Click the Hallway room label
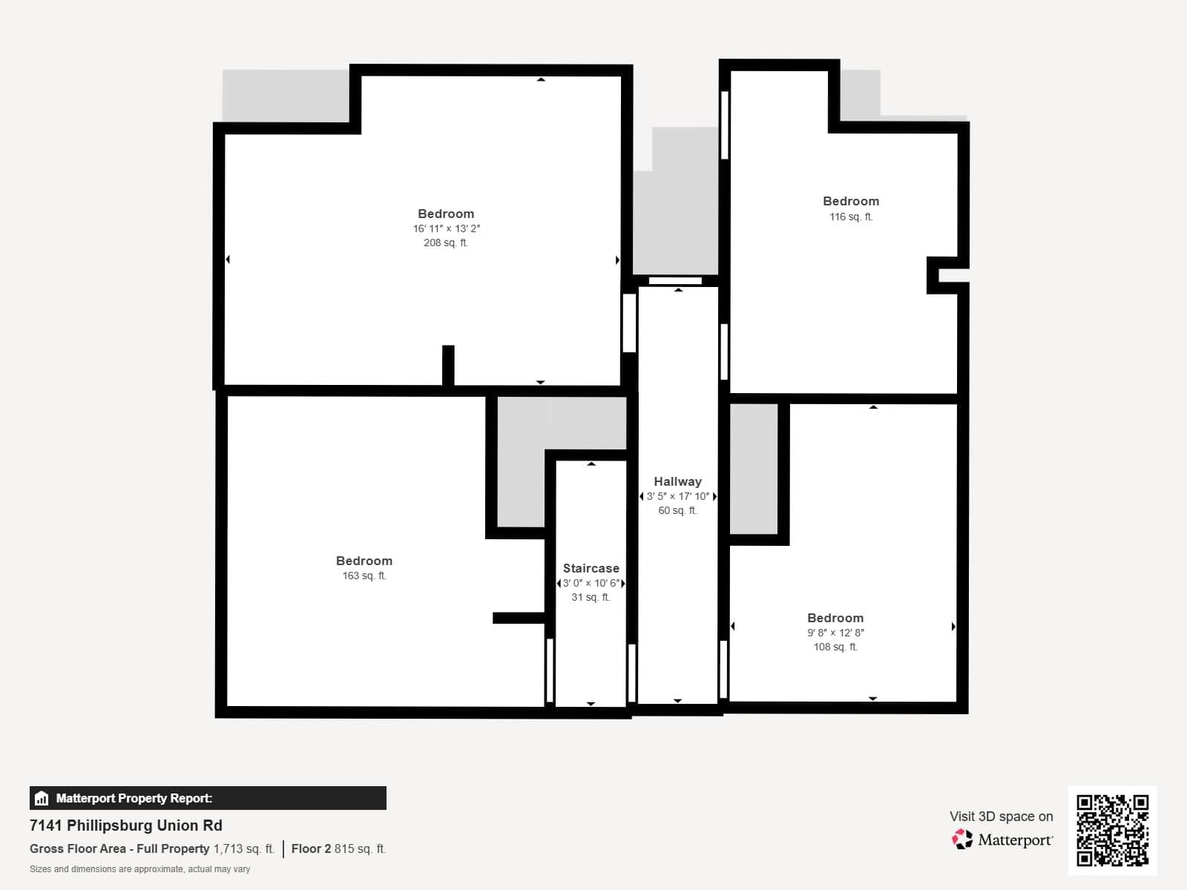coord(677,481)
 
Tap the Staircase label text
coord(591,568)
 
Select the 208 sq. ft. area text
coord(445,243)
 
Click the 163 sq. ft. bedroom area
coord(364,576)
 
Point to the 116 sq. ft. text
coord(850,217)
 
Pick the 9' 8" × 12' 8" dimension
coord(835,633)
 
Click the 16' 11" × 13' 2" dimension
coord(446,228)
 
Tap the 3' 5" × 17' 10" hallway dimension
coord(677,496)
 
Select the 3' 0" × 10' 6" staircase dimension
coord(591,583)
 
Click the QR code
coord(1112,830)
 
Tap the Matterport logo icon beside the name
coord(962,840)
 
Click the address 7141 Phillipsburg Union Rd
coord(126,825)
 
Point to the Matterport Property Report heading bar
coord(208,798)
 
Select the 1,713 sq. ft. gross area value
coord(244,848)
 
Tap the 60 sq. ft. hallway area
coord(677,510)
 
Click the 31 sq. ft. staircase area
coord(591,597)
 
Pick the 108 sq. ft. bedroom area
coord(835,647)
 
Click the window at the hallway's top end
coord(675,280)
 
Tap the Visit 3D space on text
coord(1001,816)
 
